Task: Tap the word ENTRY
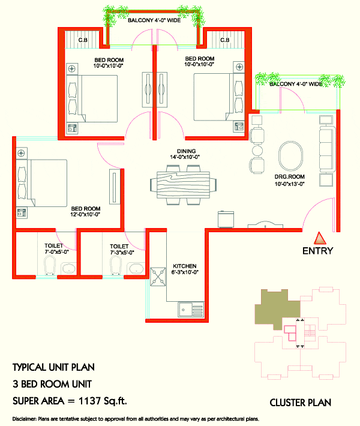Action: click(x=317, y=251)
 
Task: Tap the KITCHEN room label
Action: click(x=185, y=266)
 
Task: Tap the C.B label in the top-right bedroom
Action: click(x=225, y=40)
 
